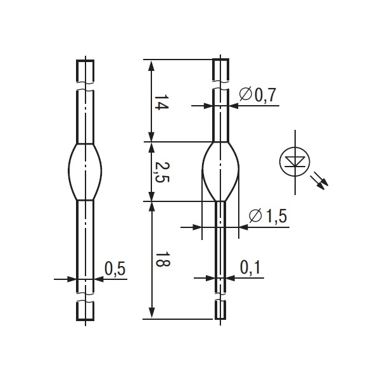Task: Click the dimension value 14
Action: pos(161,102)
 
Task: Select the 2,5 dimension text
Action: pos(162,172)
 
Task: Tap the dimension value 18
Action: pos(162,260)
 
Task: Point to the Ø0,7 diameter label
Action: pos(258,95)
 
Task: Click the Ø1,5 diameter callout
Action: pos(268,216)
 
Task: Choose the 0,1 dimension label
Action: pos(250,267)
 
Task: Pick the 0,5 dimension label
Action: pos(115,269)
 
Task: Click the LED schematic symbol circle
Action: pos(295,162)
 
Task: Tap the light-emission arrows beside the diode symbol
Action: pos(319,180)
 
